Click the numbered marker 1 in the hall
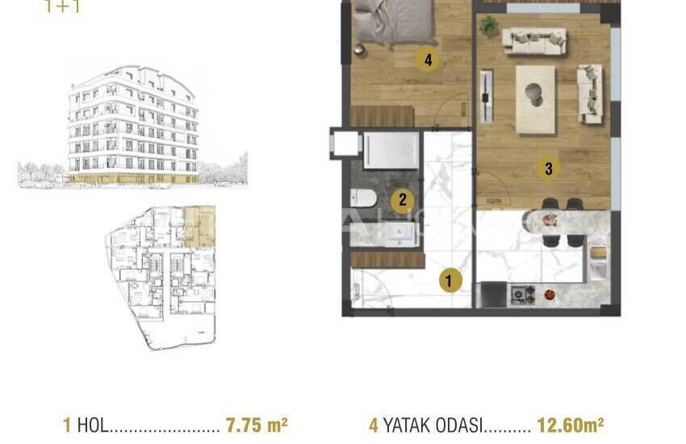pyautogui.click(x=450, y=281)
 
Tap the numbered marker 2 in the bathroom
pyautogui.click(x=402, y=201)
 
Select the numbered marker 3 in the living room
pyautogui.click(x=549, y=169)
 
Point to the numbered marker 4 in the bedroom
pyautogui.click(x=426, y=59)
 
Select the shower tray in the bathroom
pyautogui.click(x=391, y=150)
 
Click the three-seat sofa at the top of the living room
pyautogui.click(x=533, y=40)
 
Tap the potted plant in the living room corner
pyautogui.click(x=488, y=27)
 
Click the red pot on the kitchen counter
pyautogui.click(x=550, y=295)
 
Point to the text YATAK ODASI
pyautogui.click(x=433, y=425)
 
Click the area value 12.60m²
pyautogui.click(x=571, y=425)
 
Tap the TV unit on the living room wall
pyautogui.click(x=485, y=97)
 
